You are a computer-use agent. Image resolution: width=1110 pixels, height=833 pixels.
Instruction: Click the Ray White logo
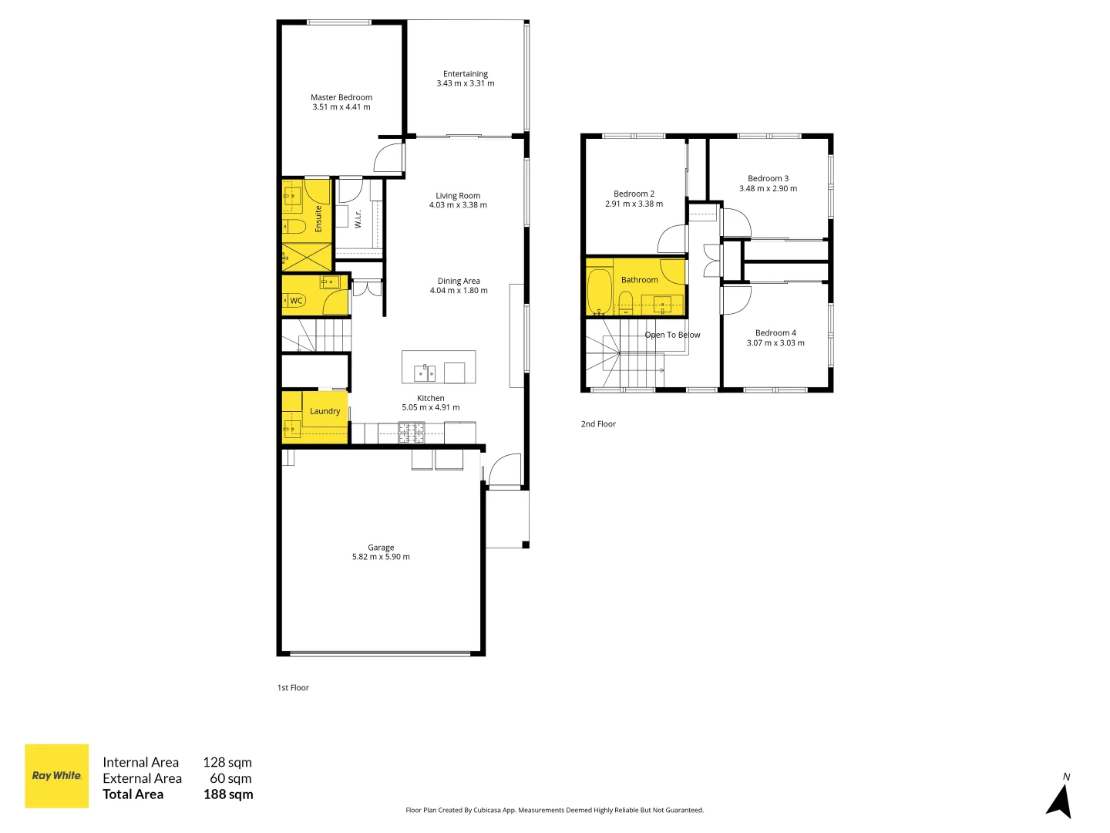pyautogui.click(x=57, y=776)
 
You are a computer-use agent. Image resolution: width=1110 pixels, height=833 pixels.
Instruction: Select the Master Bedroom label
pyautogui.click(x=341, y=98)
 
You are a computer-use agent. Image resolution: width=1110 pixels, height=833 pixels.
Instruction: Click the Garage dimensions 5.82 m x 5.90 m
pyautogui.click(x=381, y=557)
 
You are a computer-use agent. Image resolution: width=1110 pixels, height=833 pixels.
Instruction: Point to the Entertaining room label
pyautogui.click(x=466, y=74)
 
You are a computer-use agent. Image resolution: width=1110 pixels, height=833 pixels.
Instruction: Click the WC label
pyautogui.click(x=296, y=301)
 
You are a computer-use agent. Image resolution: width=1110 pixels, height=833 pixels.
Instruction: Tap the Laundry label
pyautogui.click(x=325, y=411)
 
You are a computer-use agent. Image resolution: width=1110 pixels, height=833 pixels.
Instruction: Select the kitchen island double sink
pyautogui.click(x=425, y=373)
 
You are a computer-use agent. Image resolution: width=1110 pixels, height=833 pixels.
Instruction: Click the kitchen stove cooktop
pyautogui.click(x=411, y=433)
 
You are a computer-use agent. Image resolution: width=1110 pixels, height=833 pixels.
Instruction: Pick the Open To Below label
pyautogui.click(x=672, y=335)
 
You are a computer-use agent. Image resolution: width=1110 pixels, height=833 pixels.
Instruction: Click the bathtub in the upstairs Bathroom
pyautogui.click(x=599, y=292)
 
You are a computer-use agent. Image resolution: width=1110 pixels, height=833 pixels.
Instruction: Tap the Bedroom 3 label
pyautogui.click(x=768, y=178)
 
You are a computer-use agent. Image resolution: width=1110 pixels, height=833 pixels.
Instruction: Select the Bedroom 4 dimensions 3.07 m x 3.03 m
pyautogui.click(x=775, y=343)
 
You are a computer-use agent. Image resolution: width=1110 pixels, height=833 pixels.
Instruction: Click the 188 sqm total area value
pyautogui.click(x=228, y=794)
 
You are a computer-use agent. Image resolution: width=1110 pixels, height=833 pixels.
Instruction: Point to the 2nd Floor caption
pyautogui.click(x=598, y=424)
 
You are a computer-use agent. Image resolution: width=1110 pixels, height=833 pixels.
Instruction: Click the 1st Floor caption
pyautogui.click(x=293, y=688)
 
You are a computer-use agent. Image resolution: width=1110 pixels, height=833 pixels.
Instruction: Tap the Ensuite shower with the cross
pyautogui.click(x=306, y=257)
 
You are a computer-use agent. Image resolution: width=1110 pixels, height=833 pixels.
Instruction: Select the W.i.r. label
pyautogui.click(x=358, y=219)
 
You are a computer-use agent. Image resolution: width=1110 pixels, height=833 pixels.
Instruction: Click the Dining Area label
pyautogui.click(x=459, y=281)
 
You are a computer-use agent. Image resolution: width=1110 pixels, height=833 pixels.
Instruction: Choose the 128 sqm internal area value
pyautogui.click(x=227, y=762)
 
